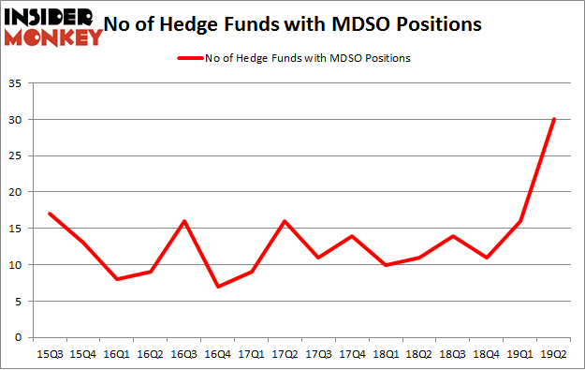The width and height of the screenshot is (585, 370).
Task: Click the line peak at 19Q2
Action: pos(553,119)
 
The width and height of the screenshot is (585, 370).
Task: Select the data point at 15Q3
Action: pos(49,214)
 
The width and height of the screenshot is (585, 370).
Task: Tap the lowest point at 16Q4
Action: pos(217,287)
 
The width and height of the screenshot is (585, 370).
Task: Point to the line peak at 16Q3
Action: pos(183,221)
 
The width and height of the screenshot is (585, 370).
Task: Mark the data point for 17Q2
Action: pos(285,221)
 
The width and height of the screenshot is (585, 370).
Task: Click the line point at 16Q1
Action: pos(116,279)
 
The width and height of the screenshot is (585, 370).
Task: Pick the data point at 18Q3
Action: pos(452,236)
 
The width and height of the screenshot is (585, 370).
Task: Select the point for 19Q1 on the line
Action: pos(519,221)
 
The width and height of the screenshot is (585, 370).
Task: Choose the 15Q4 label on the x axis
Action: pos(82,353)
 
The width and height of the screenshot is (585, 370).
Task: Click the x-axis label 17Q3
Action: pos(318,353)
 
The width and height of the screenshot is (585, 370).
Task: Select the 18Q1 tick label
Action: pos(386,353)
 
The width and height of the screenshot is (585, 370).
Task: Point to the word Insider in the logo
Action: pos(49,16)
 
